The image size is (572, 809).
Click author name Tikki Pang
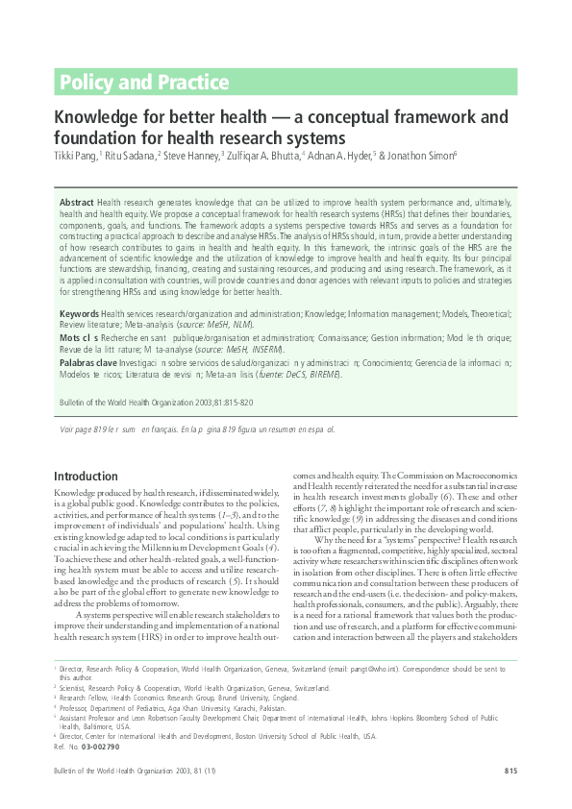74,154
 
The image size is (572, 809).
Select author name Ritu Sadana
129,154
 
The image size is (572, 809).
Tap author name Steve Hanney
191,154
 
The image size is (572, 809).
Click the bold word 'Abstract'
76,204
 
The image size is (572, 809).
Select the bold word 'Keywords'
79,314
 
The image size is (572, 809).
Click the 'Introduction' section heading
86,477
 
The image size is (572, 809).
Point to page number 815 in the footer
510,772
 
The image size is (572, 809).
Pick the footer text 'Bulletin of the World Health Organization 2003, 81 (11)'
126,772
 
